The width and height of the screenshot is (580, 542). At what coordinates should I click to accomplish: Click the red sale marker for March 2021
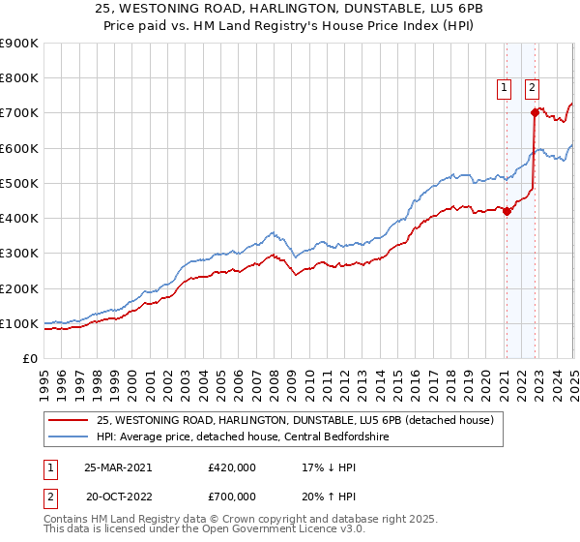point(506,212)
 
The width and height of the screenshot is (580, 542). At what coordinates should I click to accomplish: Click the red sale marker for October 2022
point(534,113)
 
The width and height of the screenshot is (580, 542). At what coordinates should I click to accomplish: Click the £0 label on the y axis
point(30,359)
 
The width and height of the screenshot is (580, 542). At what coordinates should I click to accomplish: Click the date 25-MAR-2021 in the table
point(117,467)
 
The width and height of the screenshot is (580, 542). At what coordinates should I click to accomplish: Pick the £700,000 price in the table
point(231,497)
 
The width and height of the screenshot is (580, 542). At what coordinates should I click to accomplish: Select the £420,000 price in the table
point(231,467)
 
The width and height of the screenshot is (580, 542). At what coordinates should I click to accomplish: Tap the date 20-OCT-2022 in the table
point(117,497)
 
